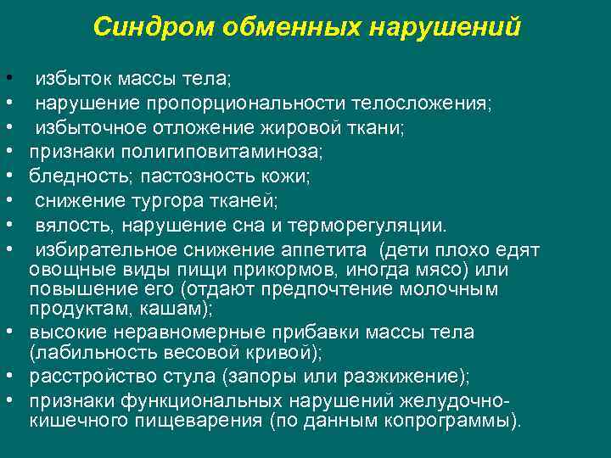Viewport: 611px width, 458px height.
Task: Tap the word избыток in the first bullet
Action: click(x=70, y=80)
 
